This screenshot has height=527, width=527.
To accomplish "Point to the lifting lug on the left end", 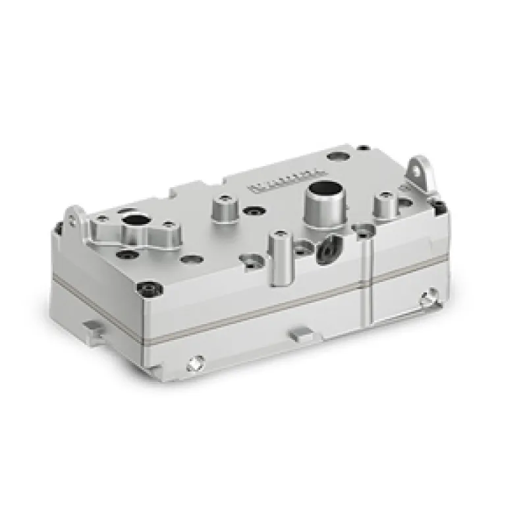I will pyautogui.click(x=75, y=217).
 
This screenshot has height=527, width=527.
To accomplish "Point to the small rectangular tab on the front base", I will pyautogui.click(x=300, y=336).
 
